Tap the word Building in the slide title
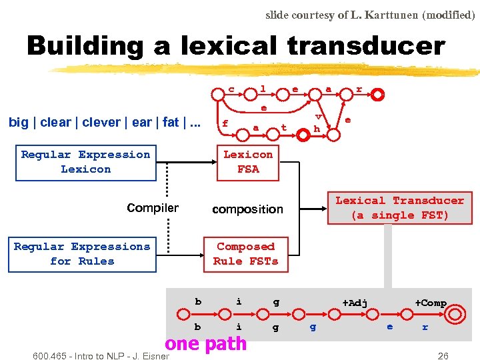pos(84,47)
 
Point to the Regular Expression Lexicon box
pos(85,162)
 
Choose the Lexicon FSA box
pos(248,162)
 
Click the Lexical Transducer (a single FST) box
pos(399,208)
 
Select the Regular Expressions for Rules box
pos(82,254)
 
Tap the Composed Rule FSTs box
pos(245,254)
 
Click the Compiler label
pos(153,208)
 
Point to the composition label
pos(247,209)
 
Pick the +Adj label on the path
pos(355,303)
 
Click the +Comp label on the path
pos(431,303)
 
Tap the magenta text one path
pos(205,344)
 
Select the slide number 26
pos(443,356)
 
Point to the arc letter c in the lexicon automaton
pos(231,89)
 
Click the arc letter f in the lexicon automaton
pos(225,123)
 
